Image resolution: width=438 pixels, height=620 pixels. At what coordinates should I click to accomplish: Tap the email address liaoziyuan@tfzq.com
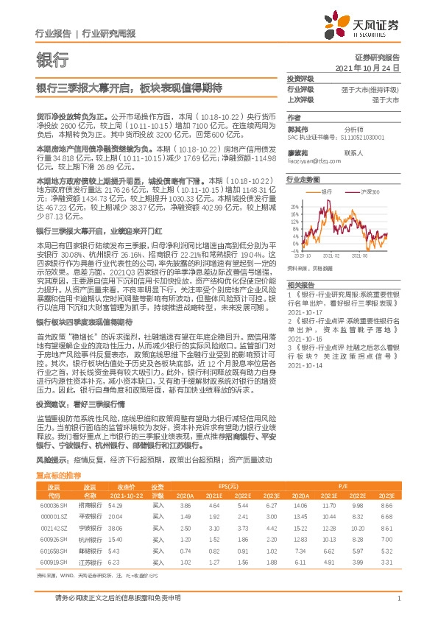point(308,160)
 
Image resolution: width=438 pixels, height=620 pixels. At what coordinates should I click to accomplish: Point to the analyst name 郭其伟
point(297,127)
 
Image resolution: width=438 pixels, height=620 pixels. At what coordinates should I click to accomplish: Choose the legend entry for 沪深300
point(370,191)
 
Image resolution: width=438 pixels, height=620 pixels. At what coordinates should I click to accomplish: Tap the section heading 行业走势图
point(304,179)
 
